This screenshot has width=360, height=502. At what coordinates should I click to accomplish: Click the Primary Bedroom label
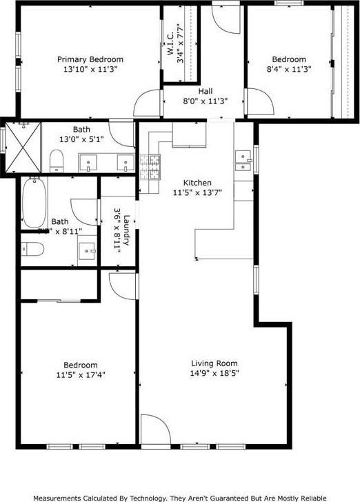(x=90, y=59)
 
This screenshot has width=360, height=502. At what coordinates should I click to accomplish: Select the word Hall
(x=206, y=91)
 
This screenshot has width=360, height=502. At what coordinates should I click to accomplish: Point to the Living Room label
(x=214, y=363)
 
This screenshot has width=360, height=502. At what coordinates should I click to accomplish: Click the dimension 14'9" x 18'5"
(x=214, y=373)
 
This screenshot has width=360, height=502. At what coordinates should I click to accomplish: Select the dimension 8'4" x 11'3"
(x=288, y=69)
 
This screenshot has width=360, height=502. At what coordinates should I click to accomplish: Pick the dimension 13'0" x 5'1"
(x=81, y=139)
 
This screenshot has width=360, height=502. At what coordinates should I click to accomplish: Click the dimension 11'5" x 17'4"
(x=81, y=375)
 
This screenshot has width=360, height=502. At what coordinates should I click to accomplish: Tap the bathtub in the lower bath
(x=32, y=202)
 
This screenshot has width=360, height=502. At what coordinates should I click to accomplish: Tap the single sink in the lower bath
(x=86, y=249)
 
